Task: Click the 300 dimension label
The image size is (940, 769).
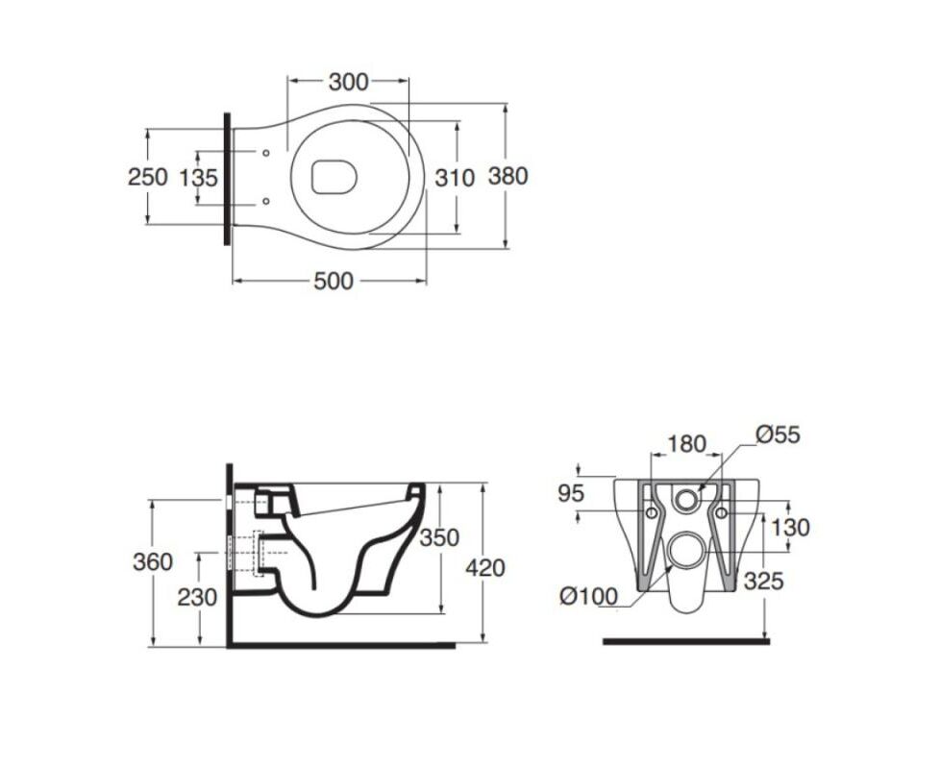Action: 348,82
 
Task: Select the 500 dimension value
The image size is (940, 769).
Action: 334,281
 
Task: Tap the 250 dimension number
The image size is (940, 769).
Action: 147,178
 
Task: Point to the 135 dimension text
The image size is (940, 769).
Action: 198,178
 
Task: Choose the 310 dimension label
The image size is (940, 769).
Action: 455,178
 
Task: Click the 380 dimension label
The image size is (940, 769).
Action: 507,176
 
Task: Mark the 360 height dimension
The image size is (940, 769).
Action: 153,562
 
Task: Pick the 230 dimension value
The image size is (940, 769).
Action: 197,597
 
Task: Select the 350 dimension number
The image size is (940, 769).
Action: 439,537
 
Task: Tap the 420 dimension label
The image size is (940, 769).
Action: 485,567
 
